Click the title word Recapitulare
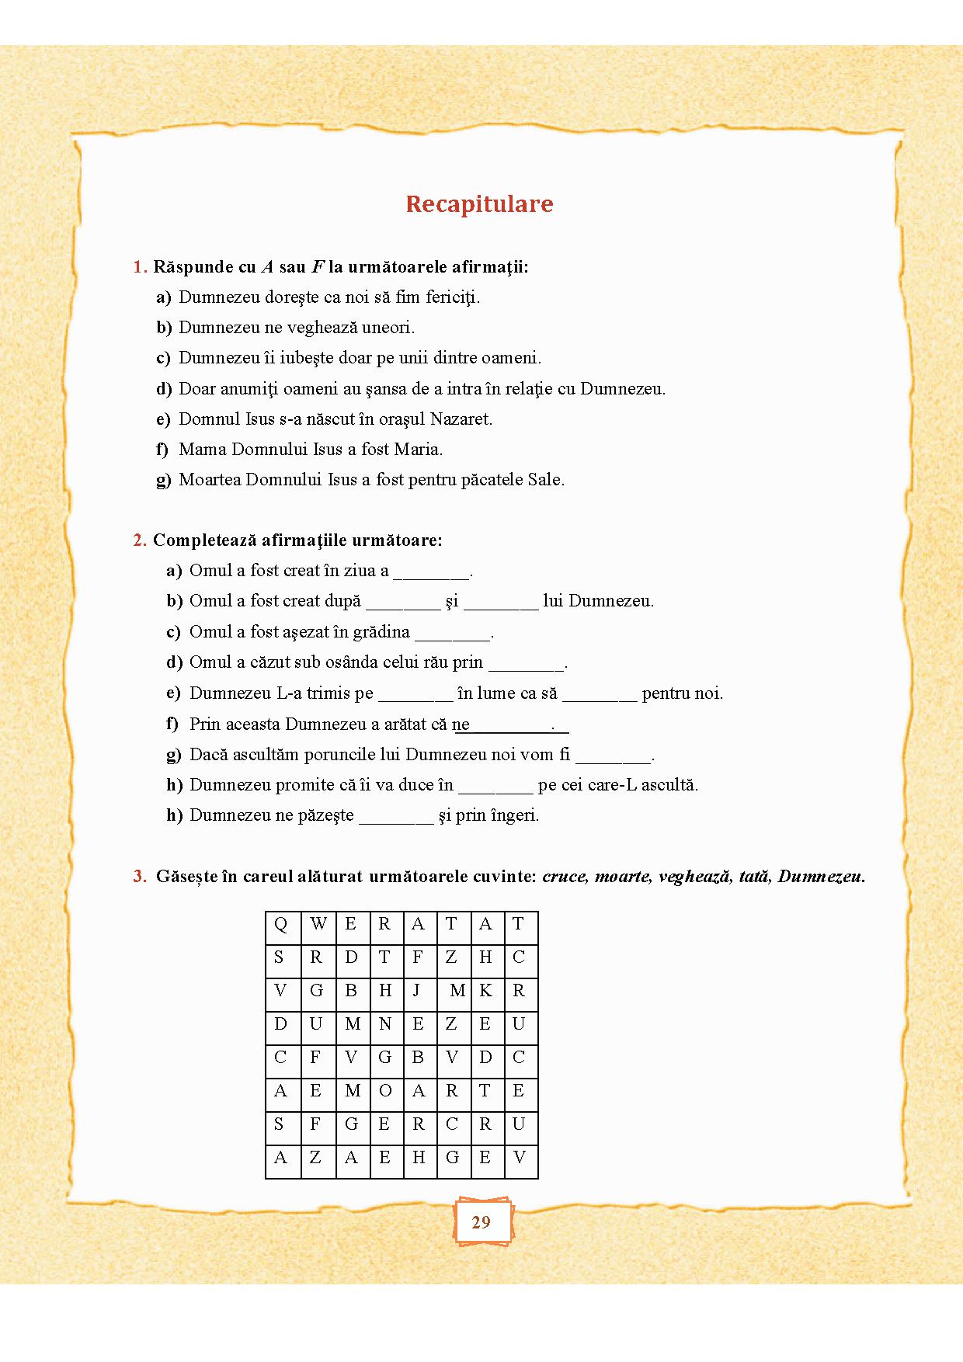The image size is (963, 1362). [479, 203]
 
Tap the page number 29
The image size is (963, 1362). [481, 1222]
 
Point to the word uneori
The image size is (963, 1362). [388, 328]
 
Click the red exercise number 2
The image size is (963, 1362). [140, 540]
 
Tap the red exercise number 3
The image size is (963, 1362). [140, 877]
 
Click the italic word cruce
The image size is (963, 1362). [565, 877]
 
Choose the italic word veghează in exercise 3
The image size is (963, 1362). [694, 877]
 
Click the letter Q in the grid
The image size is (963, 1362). [281, 924]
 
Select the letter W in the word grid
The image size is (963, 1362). [318, 924]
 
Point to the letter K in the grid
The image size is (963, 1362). [485, 991]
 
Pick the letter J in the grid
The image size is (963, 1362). [417, 991]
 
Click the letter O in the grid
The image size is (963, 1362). [385, 1091]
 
